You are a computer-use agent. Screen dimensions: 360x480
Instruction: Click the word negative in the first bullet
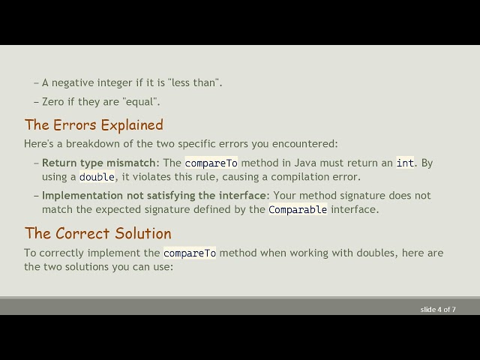73,82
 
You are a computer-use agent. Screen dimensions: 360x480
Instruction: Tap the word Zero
53,101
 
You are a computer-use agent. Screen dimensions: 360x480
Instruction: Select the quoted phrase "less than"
196,82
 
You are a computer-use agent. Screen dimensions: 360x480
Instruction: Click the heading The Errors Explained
94,124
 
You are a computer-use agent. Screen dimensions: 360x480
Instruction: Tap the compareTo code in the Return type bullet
211,163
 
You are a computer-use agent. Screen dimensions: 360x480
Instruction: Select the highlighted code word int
405,163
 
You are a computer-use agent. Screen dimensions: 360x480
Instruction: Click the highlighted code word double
97,177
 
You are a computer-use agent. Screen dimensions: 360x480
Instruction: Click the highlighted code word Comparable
298,210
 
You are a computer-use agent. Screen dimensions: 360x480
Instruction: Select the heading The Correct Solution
97,233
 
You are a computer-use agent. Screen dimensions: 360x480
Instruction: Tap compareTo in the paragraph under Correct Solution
190,253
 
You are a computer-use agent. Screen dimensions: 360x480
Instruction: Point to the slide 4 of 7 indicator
438,309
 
